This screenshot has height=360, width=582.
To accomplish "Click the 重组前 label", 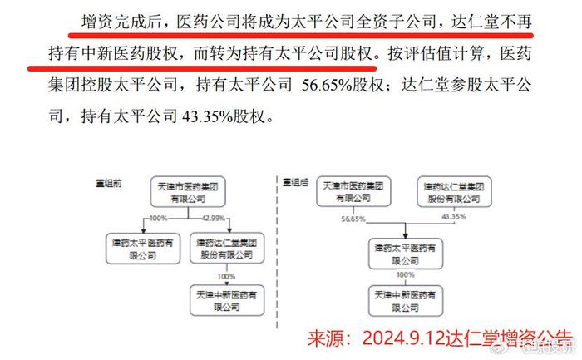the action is click(109, 183).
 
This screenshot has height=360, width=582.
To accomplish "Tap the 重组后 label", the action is click(295, 182).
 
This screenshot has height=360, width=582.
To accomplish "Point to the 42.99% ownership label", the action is click(214, 218).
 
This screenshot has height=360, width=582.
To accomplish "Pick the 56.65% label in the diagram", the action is click(353, 219).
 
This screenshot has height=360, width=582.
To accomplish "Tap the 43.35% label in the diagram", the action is click(454, 216).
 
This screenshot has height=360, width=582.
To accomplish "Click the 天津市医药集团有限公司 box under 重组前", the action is click(188, 191).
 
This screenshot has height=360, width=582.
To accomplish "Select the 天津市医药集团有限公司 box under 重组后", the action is click(353, 191).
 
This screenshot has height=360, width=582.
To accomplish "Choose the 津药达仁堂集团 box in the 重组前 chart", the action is click(227, 249).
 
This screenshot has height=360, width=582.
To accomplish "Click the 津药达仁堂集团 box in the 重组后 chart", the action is click(454, 191).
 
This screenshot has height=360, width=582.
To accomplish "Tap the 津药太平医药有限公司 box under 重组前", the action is click(143, 249).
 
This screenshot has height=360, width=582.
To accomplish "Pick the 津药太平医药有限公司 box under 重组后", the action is click(406, 254).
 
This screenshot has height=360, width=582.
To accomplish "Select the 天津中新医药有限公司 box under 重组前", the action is click(227, 300).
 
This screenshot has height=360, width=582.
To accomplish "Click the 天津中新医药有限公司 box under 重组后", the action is click(406, 301).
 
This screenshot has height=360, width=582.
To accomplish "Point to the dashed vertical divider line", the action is click(277, 253).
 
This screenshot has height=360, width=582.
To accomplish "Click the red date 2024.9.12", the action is click(403, 338).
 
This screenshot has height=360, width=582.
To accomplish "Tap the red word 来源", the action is click(324, 338).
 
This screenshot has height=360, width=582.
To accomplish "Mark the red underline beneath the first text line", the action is click(301, 36).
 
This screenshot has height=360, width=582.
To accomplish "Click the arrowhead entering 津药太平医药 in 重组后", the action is click(406, 235).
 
